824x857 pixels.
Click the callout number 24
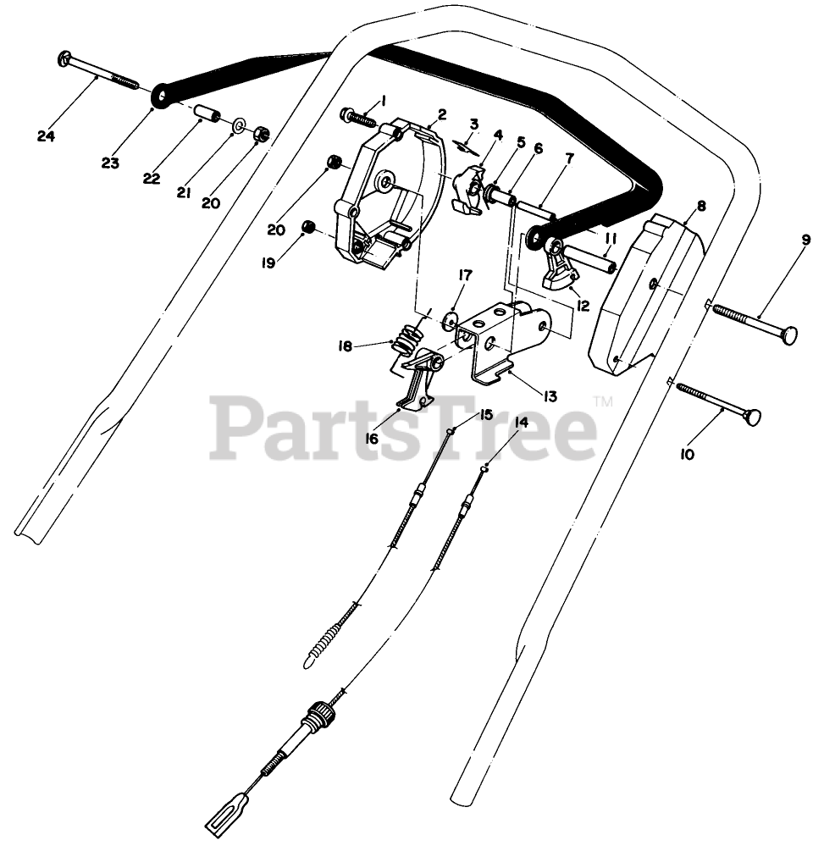pyautogui.click(x=46, y=135)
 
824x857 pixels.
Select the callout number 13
pyautogui.click(x=550, y=395)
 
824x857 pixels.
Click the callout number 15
pyautogui.click(x=486, y=414)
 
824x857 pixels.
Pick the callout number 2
pyautogui.click(x=442, y=115)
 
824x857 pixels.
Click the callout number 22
pyautogui.click(x=152, y=178)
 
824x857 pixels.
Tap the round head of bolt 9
pyautogui.click(x=789, y=336)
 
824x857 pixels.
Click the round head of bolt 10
pyautogui.click(x=751, y=417)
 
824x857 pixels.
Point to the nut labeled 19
pyautogui.click(x=310, y=226)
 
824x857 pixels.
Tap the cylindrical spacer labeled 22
pyautogui.click(x=208, y=113)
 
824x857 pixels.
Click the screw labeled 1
pyautogui.click(x=357, y=116)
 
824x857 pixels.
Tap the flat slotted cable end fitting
pyautogui.click(x=224, y=816)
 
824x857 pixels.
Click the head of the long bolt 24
pyautogui.click(x=64, y=59)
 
